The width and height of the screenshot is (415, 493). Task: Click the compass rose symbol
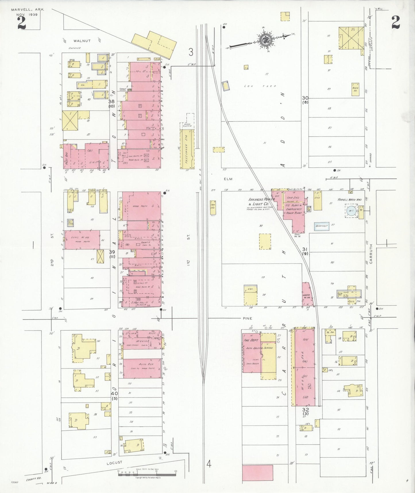264,39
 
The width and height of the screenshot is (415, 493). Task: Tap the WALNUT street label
82,41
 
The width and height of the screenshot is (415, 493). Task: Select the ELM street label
229,179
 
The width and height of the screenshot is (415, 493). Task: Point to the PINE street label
247,318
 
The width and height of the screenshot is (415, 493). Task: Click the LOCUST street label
114,463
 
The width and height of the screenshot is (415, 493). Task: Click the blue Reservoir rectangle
321,226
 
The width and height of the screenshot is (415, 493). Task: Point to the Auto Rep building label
142,364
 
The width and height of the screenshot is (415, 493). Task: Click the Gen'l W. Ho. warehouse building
82,240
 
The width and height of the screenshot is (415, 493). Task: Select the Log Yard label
260,86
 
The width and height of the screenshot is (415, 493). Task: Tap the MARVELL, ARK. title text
28,9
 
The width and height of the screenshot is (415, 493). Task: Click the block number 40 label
114,393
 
